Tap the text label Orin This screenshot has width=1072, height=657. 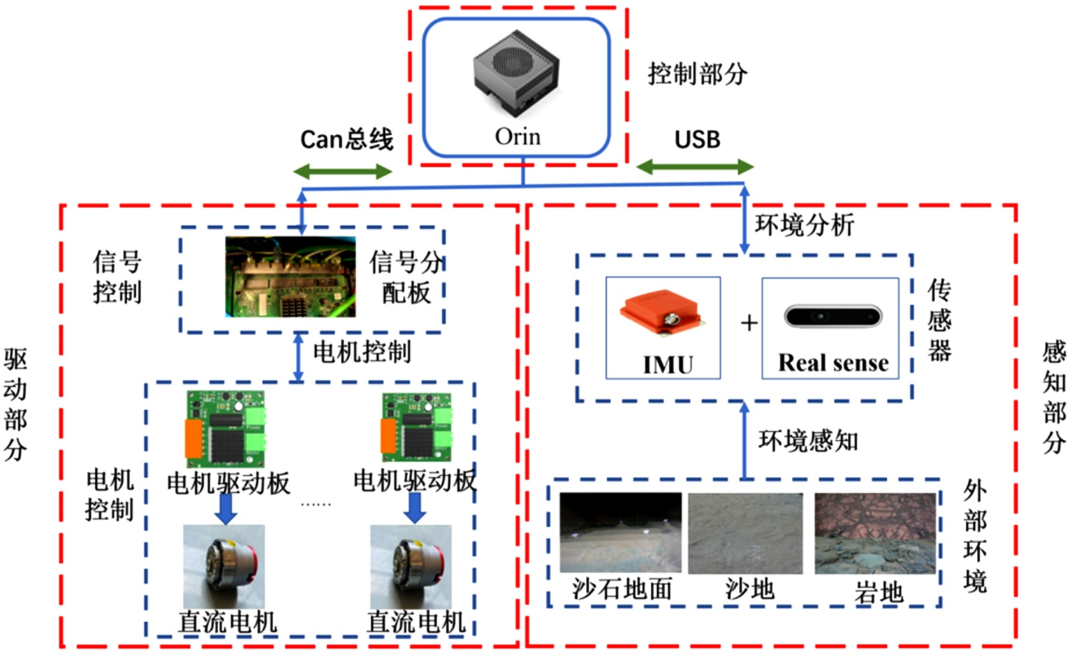[x=517, y=136]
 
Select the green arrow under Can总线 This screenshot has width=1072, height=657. [x=342, y=171]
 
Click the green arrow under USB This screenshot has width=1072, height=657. [x=695, y=167]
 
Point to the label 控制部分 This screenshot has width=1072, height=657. [x=697, y=73]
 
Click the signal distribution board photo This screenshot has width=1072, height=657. [x=290, y=277]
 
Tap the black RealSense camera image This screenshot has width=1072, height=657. [x=833, y=316]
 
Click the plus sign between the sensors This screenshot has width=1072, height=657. [x=749, y=323]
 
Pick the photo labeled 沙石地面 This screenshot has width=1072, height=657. [x=620, y=533]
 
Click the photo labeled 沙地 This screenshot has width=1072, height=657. [x=745, y=533]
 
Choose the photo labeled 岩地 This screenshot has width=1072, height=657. [x=875, y=533]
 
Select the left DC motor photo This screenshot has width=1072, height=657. [x=223, y=566]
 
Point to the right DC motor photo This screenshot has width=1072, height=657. [x=411, y=566]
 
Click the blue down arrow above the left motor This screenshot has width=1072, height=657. [x=226, y=508]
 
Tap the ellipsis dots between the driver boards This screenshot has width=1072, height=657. [x=316, y=503]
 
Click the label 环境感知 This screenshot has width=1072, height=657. [x=808, y=441]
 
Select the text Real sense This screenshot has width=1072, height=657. [x=833, y=363]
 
